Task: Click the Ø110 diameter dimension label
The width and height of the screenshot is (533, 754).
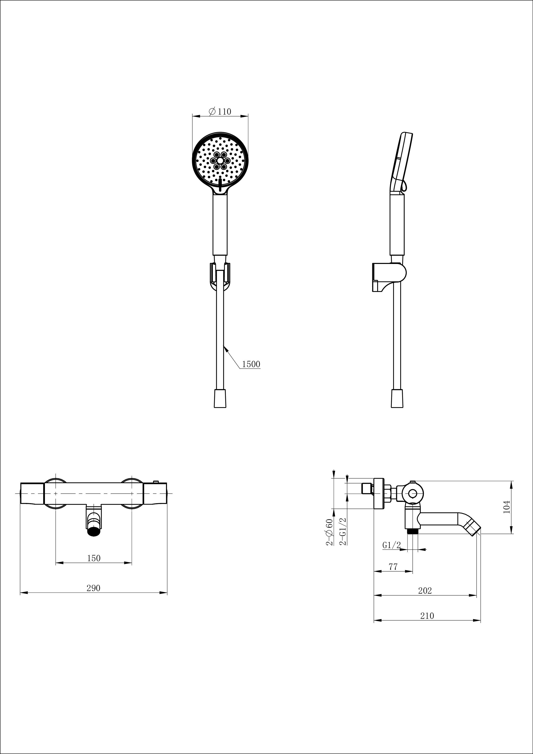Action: [x=220, y=111]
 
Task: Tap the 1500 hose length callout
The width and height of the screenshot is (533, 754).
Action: [x=251, y=364]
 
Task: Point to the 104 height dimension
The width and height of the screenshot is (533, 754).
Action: [x=507, y=507]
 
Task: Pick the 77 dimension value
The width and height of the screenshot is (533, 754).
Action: [x=393, y=567]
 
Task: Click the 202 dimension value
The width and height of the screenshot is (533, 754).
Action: [x=425, y=591]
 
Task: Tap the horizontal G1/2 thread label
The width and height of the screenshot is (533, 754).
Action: [x=391, y=545]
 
